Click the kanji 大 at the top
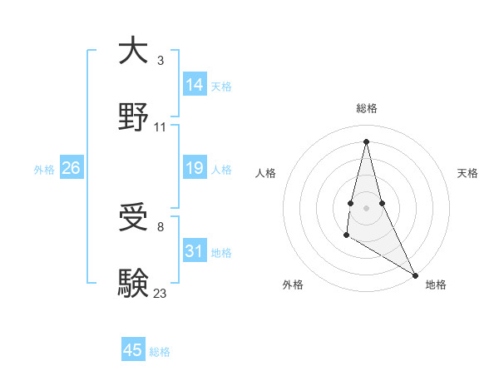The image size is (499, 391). (x=134, y=52)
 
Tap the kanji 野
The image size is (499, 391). (x=134, y=116)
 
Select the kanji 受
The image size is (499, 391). (x=134, y=219)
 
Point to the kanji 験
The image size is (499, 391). (x=134, y=283)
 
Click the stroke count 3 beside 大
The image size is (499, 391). (x=161, y=61)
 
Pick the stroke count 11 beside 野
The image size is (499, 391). (x=161, y=127)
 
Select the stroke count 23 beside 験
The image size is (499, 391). (x=161, y=293)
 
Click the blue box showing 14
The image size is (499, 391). (x=195, y=85)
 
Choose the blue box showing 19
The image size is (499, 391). (x=195, y=169)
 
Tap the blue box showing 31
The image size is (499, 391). (x=195, y=251)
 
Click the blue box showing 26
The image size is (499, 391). (x=71, y=169)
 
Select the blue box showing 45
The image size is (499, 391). (x=133, y=350)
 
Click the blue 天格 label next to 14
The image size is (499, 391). (x=221, y=87)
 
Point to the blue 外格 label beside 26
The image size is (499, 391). (x=44, y=170)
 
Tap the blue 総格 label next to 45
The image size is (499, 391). (x=160, y=352)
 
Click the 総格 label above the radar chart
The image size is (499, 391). (x=366, y=108)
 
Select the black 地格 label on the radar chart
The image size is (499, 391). (x=436, y=285)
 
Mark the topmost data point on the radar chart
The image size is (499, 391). (x=366, y=141)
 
